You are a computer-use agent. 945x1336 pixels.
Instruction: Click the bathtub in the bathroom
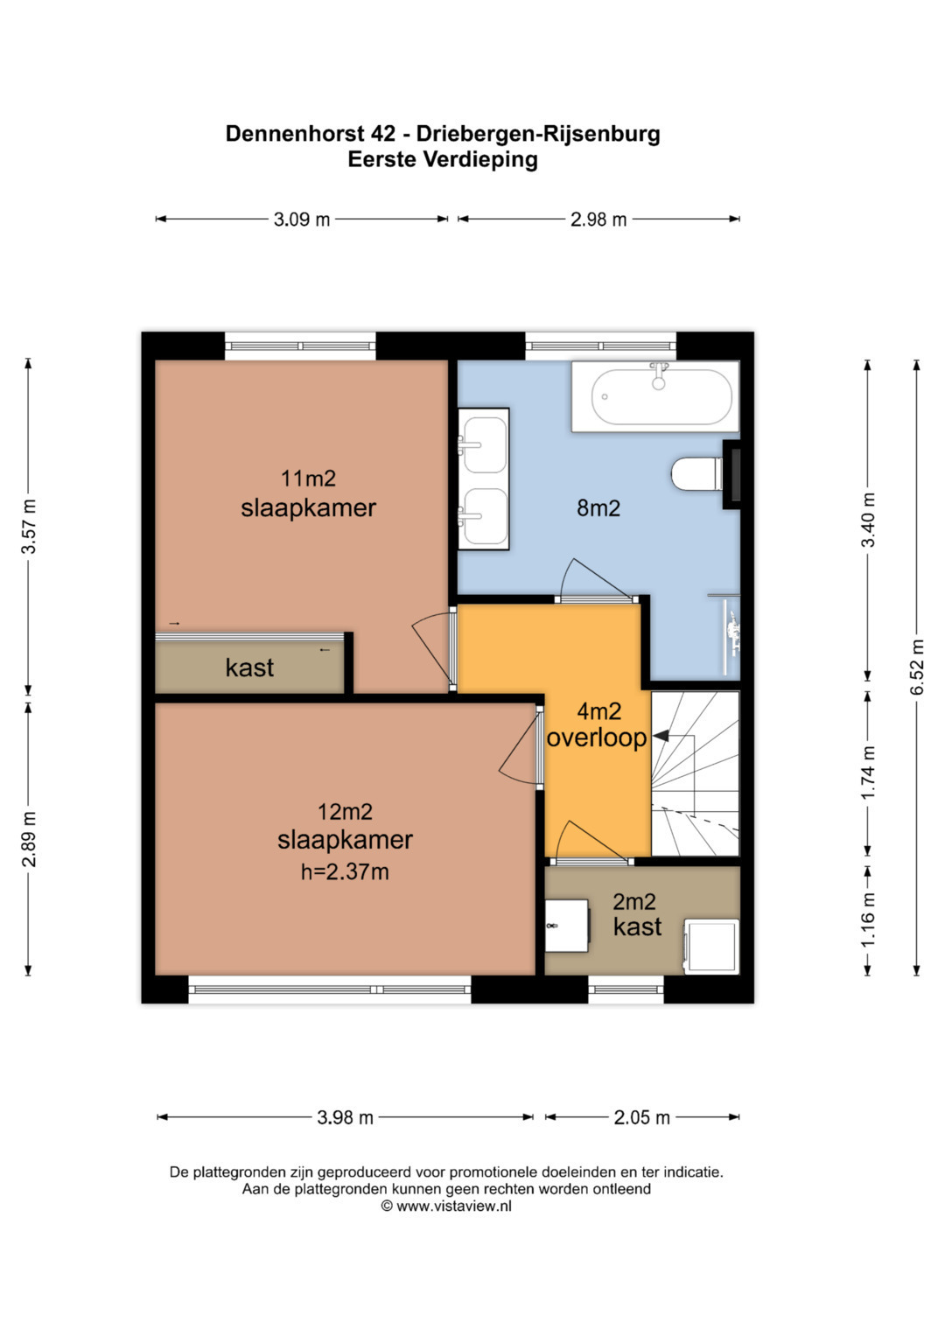[x=655, y=396]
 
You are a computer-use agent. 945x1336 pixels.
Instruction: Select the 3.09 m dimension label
[x=301, y=220]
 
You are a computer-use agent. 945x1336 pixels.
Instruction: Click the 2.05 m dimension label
[x=642, y=1117]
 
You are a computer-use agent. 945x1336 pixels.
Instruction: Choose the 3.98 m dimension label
[x=345, y=1117]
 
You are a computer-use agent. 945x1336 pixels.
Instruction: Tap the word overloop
[x=597, y=738]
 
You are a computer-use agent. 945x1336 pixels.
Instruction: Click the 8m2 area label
[x=598, y=508]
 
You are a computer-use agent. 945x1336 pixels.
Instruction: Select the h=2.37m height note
[x=345, y=872]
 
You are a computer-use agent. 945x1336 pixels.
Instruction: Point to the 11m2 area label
[x=308, y=479]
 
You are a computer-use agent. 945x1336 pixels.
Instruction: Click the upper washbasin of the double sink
[x=484, y=445]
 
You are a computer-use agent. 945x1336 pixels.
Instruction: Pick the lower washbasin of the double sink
[x=484, y=517]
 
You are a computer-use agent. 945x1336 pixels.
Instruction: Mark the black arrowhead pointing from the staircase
[x=661, y=736]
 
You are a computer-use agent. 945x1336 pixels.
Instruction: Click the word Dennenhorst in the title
[x=311, y=134]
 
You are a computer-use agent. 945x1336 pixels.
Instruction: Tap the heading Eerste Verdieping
[x=443, y=160]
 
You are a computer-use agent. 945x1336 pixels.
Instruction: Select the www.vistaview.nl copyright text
[x=447, y=1206]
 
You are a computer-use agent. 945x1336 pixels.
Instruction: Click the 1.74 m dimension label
[x=868, y=773]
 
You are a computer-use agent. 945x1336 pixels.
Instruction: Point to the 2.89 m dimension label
[x=29, y=839]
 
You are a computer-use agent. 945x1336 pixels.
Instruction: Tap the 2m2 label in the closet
[x=634, y=902]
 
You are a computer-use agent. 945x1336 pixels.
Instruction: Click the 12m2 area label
[x=345, y=812]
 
